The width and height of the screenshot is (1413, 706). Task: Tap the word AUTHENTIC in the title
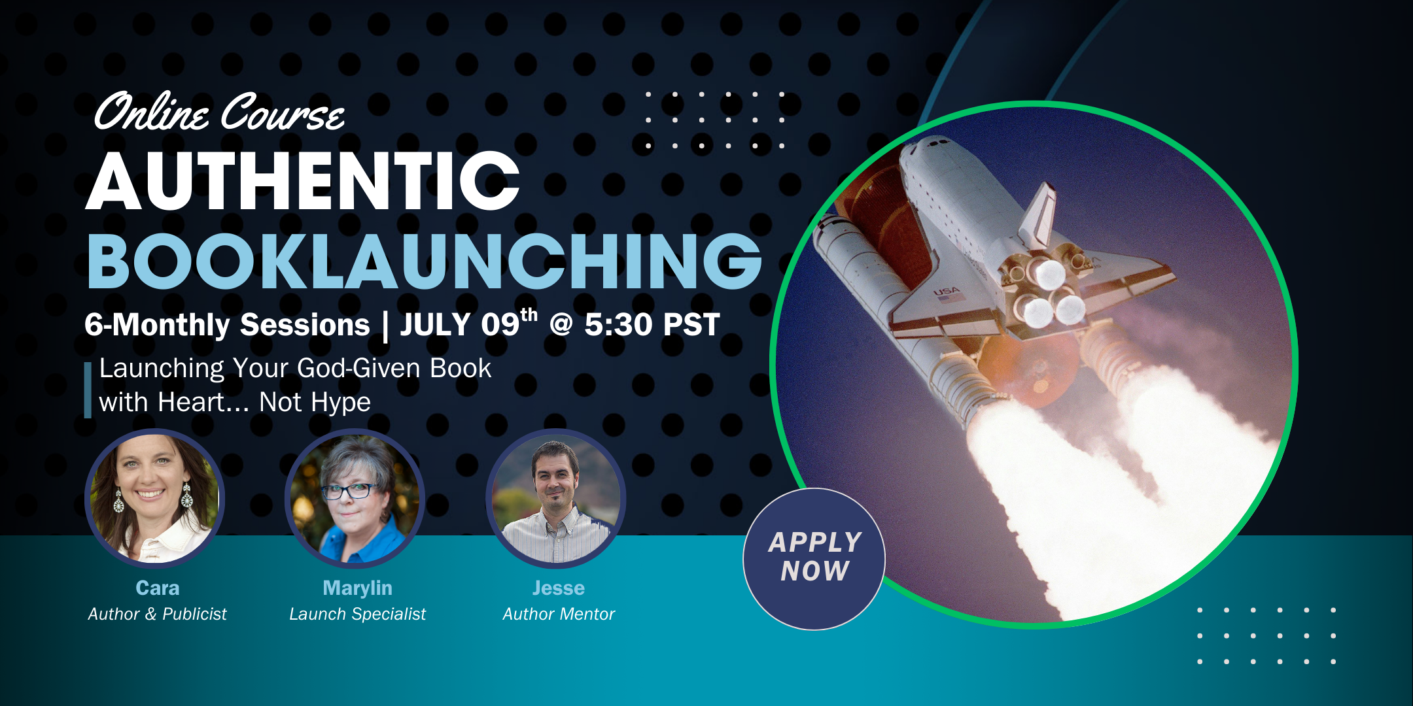(303, 181)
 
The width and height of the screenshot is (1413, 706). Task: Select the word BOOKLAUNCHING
(425, 261)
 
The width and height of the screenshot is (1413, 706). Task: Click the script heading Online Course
(219, 112)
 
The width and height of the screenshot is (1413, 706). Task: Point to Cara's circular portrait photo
(155, 498)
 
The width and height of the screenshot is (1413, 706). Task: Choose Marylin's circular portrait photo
(355, 498)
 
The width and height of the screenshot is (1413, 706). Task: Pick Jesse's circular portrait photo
(556, 498)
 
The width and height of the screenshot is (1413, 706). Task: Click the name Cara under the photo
(158, 588)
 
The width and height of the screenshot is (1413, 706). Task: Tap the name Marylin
(358, 588)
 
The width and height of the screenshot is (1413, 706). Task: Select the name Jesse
(559, 588)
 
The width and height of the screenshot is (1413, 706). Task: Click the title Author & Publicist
(157, 614)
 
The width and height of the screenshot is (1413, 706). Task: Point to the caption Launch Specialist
(358, 614)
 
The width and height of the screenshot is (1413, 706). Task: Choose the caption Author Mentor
(559, 614)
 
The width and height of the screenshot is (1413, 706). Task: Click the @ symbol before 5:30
(561, 324)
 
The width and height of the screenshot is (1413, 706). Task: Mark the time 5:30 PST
(652, 324)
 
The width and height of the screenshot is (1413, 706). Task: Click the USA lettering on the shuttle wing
(946, 292)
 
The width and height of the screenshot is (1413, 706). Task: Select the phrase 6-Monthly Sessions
(227, 325)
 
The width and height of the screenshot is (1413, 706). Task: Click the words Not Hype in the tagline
(315, 402)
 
